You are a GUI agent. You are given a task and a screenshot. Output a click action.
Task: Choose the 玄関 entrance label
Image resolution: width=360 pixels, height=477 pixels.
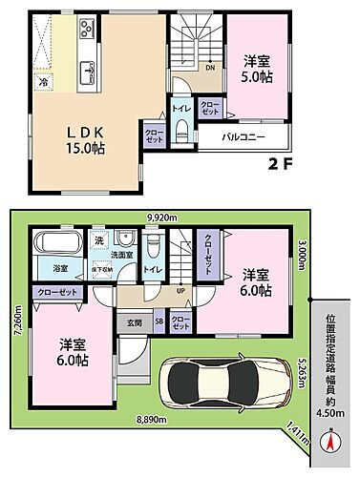134,321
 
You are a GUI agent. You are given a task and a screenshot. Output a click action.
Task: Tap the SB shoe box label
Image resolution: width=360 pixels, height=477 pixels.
158,321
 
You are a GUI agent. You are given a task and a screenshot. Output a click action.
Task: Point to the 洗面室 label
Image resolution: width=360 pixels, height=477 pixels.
123,256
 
